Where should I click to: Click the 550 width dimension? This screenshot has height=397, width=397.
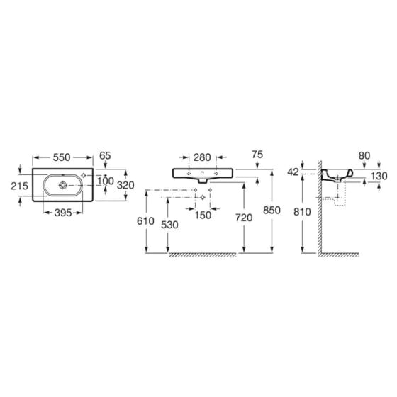[x=62, y=157]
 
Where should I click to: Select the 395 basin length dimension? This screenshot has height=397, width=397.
[x=63, y=213]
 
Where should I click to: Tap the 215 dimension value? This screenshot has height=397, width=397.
[x=20, y=186]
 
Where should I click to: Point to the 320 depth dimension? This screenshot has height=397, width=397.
[x=125, y=185]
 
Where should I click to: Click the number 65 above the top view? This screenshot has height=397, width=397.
[x=105, y=155]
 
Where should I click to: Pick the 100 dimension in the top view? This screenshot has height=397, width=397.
[x=106, y=181]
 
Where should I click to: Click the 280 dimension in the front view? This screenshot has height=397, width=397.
[x=202, y=157]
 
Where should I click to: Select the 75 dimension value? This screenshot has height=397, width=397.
[x=257, y=155]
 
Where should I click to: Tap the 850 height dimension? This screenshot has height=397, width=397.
[x=272, y=210]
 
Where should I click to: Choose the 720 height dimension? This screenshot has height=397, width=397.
[x=244, y=218]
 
